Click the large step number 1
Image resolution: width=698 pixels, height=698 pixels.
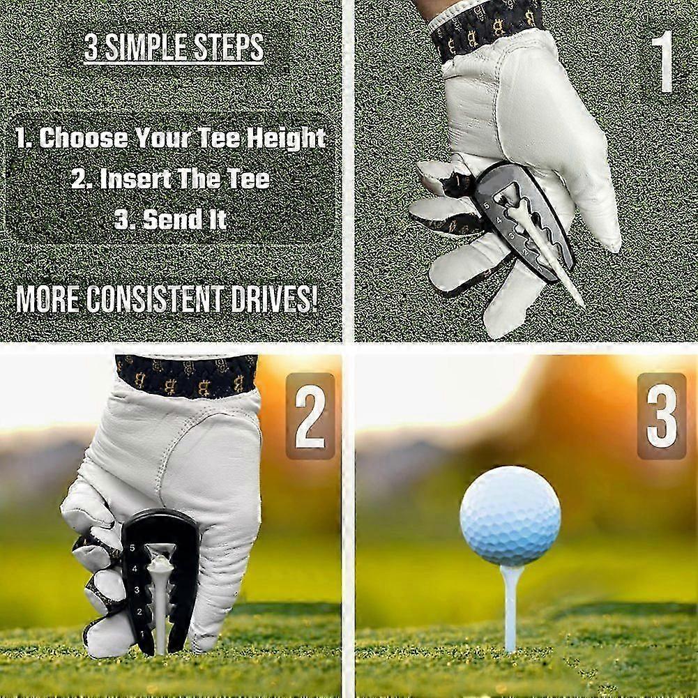click(x=665, y=61)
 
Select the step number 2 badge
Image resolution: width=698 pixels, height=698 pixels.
click(x=310, y=416)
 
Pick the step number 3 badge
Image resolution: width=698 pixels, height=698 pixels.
click(x=662, y=416)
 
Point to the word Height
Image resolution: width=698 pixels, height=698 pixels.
click(x=286, y=138)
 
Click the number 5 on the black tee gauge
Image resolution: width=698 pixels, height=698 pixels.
click(x=132, y=548)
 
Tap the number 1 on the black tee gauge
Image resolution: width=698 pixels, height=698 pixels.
click(x=142, y=633)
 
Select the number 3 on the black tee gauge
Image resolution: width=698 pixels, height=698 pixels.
click(x=137, y=591)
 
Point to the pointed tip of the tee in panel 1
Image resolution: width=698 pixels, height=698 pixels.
click(x=583, y=305)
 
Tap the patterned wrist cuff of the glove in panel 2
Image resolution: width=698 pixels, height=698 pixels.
click(x=186, y=375)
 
